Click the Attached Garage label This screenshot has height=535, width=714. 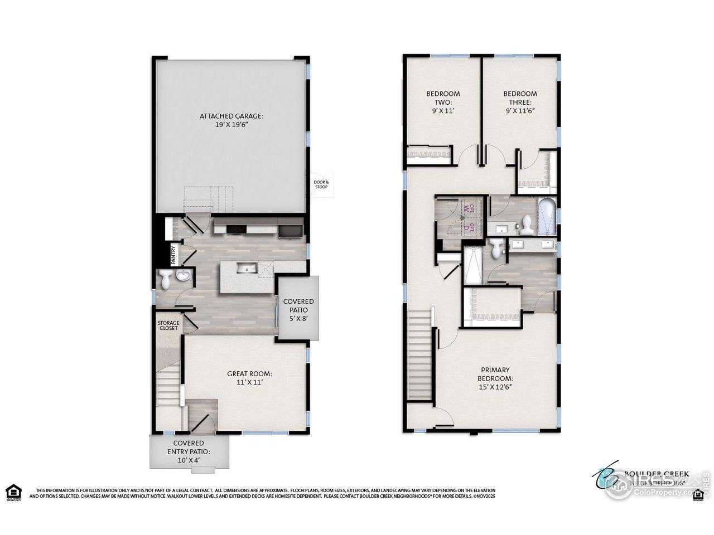[231, 120]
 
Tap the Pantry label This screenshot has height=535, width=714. [173, 255]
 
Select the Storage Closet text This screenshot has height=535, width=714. [168, 325]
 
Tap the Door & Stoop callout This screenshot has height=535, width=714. [321, 184]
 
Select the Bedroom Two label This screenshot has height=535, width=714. [443, 102]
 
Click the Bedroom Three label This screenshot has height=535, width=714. [520, 102]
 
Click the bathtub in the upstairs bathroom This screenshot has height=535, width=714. [547, 216]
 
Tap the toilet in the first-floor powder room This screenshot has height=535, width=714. [165, 280]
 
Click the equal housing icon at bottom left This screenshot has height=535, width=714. [13, 492]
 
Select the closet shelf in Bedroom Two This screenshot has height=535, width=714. [428, 154]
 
